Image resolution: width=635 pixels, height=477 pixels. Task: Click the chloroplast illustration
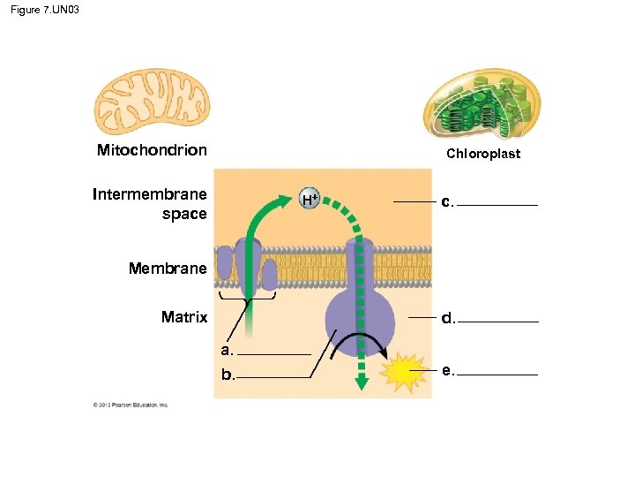point(481,104)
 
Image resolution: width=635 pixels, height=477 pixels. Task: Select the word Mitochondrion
point(152,150)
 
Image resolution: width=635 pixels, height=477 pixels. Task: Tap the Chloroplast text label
point(482,154)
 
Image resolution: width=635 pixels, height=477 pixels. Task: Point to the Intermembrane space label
point(150,204)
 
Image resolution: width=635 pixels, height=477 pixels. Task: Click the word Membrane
point(168,268)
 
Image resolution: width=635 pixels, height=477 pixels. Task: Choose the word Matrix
point(184,317)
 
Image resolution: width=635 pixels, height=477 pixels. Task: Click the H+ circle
point(309,199)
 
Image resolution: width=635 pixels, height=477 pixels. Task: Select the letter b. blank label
point(228,375)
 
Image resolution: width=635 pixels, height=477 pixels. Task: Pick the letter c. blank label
point(449,202)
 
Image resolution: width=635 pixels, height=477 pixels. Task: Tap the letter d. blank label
point(449,319)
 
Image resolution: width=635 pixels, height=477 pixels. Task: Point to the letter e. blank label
point(449,371)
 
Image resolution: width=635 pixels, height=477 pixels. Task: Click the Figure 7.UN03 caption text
point(45,11)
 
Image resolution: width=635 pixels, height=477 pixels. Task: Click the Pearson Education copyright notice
point(131,405)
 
